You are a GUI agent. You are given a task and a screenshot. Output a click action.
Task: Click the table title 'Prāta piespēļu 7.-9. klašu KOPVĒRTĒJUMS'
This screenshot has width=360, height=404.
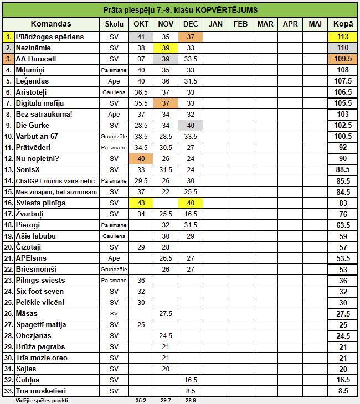180,10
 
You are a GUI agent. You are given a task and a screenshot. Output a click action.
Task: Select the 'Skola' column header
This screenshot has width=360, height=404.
114,24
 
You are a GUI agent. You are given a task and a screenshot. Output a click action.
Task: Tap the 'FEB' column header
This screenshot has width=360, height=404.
240,24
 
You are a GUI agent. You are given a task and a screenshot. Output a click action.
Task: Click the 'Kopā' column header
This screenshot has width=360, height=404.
343,24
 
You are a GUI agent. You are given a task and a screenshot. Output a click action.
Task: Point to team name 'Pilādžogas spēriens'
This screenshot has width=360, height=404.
50,37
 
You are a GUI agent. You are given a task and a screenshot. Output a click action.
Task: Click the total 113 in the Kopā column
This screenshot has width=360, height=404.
343,37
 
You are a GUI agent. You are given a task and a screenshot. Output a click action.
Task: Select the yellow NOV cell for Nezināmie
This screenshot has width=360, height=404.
166,48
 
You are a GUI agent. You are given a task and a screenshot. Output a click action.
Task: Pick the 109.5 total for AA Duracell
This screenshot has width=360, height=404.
343,59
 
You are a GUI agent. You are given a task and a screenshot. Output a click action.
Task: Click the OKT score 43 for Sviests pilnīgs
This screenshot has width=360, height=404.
141,203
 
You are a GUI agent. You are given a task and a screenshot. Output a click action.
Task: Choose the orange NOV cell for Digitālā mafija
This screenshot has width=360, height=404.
166,103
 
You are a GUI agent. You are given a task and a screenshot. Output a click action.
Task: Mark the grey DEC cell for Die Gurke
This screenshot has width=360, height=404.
191,125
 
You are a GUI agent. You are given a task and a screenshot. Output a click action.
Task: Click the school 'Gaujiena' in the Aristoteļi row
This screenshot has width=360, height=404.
114,92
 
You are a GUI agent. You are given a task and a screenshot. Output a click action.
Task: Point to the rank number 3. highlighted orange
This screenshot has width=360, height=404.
8,59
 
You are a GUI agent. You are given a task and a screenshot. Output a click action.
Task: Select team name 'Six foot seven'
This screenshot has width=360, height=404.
39,292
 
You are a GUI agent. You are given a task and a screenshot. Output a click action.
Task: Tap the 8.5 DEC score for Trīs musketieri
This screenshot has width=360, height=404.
191,391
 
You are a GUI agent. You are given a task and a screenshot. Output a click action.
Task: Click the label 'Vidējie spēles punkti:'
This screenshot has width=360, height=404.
43,400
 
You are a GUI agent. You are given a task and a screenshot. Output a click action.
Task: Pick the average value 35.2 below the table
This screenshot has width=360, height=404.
141,400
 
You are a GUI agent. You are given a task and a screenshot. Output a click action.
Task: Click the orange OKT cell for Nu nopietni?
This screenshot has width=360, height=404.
141,159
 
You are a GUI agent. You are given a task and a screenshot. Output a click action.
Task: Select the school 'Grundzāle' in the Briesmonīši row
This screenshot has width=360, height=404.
114,270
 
